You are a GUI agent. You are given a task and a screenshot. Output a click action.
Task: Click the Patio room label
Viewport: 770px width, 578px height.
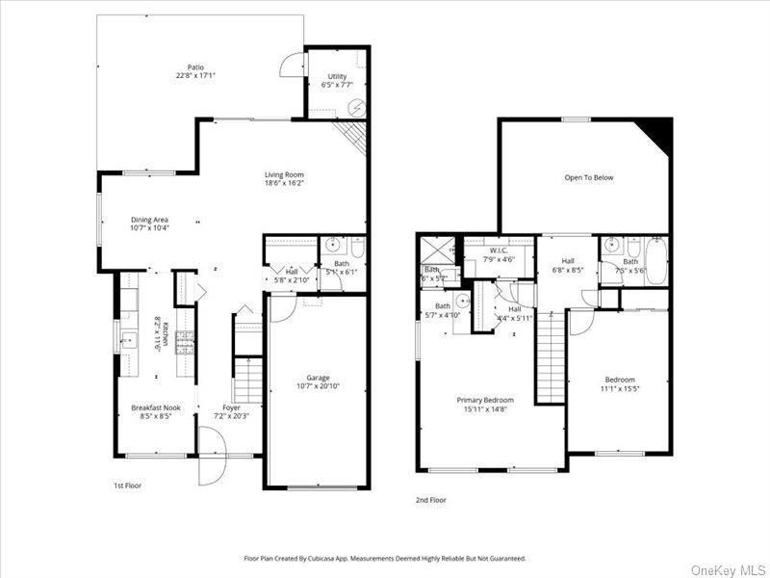point(195,67)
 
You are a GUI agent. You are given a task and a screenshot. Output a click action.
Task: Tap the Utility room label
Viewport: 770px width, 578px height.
point(337,76)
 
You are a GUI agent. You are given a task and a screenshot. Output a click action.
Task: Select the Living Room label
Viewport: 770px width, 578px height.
point(284,175)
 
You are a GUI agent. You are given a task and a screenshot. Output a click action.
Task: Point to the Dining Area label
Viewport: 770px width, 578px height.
point(150,220)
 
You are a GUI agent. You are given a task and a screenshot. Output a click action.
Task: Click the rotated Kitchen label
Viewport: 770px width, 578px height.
point(166,333)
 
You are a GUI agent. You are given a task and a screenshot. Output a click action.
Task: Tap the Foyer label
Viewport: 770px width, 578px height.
point(232,408)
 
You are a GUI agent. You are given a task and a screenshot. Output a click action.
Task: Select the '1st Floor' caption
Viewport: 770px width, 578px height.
point(127,486)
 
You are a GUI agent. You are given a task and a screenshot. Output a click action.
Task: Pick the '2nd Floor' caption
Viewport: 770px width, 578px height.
point(431,500)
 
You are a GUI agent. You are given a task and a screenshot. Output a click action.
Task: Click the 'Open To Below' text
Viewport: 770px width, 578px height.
point(588,177)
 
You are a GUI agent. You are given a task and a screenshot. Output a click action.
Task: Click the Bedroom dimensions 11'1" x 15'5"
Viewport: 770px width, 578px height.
point(621,388)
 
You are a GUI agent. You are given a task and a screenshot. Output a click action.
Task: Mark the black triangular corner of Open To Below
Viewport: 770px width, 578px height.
point(660,128)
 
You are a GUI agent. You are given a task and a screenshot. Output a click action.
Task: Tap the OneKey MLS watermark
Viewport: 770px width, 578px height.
point(728,566)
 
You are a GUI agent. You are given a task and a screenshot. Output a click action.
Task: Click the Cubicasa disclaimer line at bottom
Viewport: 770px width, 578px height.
point(385,558)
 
